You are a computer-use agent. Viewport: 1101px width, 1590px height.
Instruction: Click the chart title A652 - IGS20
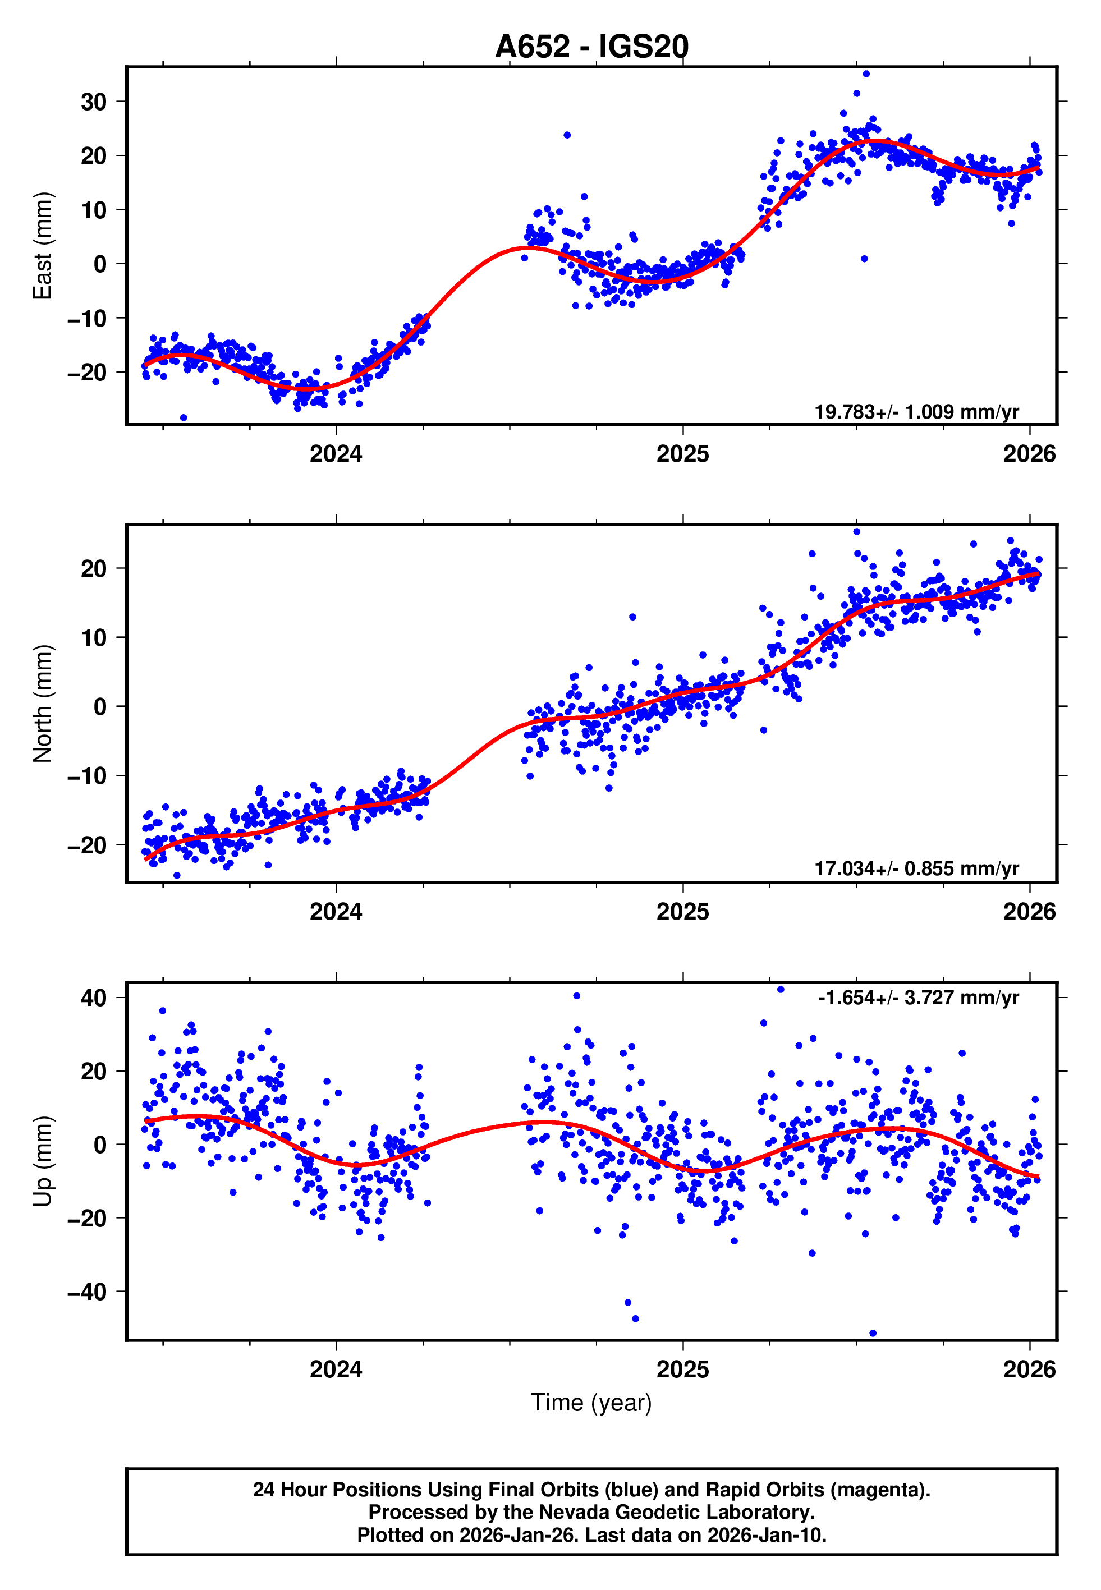click(591, 47)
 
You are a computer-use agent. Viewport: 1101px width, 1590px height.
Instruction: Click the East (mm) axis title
click(43, 246)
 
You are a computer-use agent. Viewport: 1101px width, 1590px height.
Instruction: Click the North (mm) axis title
click(43, 704)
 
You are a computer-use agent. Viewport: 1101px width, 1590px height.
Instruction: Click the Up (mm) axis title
click(43, 1161)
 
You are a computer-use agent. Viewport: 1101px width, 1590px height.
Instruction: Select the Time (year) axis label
click(591, 1403)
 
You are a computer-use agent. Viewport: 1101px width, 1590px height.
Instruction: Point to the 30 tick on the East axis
click(94, 102)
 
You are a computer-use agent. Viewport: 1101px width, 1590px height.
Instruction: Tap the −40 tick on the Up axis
click(87, 1292)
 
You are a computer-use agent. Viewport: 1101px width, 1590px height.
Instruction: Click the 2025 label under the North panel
click(682, 912)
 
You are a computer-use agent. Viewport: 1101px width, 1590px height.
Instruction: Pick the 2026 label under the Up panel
click(1029, 1370)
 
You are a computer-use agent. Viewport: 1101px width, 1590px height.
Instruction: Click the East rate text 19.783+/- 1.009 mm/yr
click(916, 412)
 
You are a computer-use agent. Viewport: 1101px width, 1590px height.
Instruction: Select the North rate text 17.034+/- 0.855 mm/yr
click(916, 868)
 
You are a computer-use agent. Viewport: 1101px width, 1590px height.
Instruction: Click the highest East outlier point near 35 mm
click(866, 73)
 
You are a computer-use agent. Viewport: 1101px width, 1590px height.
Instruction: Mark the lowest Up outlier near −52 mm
click(873, 1334)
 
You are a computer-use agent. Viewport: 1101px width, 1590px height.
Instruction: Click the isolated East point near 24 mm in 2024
click(567, 135)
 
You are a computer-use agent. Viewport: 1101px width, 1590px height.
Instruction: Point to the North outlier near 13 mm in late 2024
click(632, 617)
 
